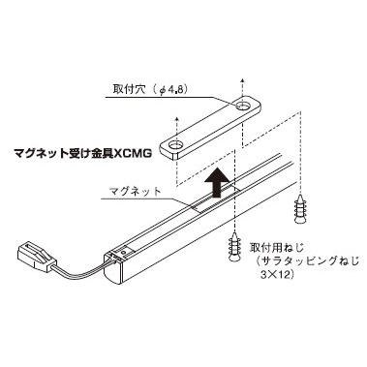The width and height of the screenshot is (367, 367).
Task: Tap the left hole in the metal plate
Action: tap(177, 146)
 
